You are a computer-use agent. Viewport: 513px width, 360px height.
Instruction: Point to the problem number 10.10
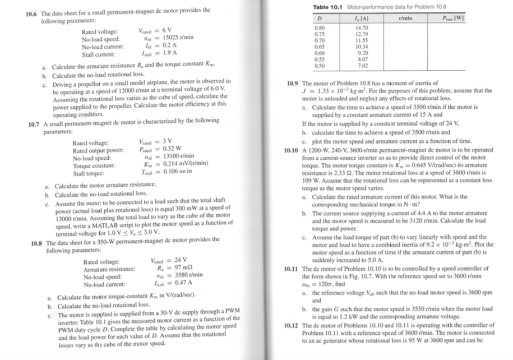click(x=293, y=151)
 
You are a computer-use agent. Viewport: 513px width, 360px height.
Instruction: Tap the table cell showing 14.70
click(x=360, y=27)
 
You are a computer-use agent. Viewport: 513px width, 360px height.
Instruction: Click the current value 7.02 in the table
click(x=360, y=65)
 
